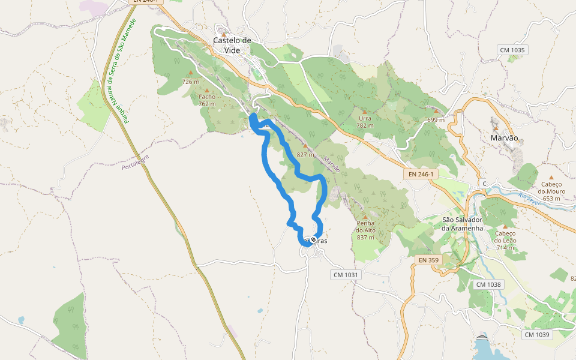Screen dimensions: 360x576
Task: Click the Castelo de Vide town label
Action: [232, 45]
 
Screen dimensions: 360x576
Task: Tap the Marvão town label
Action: [503, 137]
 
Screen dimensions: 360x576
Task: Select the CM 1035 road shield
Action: [512, 50]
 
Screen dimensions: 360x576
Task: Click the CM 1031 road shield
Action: [345, 274]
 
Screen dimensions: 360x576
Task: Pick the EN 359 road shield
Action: [427, 260]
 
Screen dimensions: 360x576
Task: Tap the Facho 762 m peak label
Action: [207, 100]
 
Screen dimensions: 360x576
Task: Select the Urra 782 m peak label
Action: [365, 122]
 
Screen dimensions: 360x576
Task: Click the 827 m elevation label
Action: [305, 154]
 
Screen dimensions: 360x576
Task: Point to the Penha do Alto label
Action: [365, 230]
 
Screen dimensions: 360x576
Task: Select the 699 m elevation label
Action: [436, 119]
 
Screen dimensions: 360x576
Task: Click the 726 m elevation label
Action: [190, 82]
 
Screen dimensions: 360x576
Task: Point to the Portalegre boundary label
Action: [135, 161]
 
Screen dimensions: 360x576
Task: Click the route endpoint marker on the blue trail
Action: [313, 240]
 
